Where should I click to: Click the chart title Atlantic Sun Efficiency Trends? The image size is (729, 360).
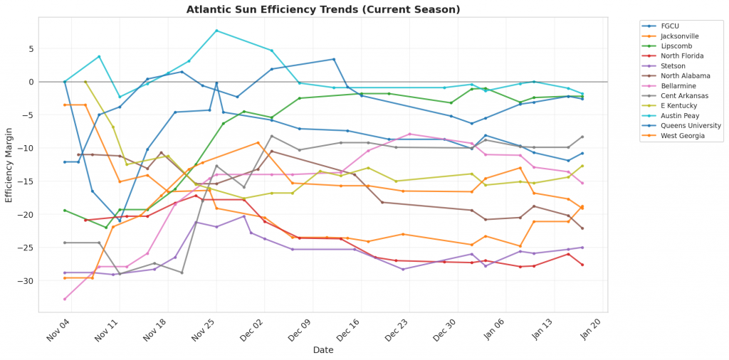coord(323,10)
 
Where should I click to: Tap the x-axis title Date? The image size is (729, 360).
coord(324,349)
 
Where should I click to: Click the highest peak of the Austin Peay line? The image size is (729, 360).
coord(216,31)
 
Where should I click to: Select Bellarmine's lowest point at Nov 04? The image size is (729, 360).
coord(65,299)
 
